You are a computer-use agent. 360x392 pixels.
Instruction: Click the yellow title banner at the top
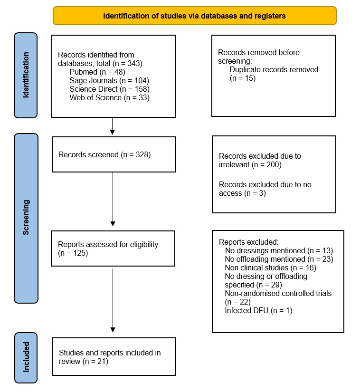(195, 16)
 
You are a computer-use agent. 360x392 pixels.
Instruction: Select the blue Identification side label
(26, 76)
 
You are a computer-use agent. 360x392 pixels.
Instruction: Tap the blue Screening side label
(26, 218)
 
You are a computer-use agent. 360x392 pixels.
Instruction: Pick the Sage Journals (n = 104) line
(103, 81)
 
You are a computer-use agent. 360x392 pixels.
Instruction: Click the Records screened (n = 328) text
(104, 154)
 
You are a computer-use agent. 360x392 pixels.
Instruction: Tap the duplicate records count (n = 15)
(243, 78)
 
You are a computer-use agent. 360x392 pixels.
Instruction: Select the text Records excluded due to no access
(265, 188)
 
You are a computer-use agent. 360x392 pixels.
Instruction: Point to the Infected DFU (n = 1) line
(259, 311)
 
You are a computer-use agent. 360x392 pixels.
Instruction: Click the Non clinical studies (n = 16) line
(270, 268)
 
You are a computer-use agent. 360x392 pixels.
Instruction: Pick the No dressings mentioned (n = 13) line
(279, 250)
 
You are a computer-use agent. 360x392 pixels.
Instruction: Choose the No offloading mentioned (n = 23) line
(279, 259)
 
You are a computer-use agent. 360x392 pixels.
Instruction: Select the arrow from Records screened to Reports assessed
(113, 199)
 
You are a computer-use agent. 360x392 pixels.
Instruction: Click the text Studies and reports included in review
(110, 357)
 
